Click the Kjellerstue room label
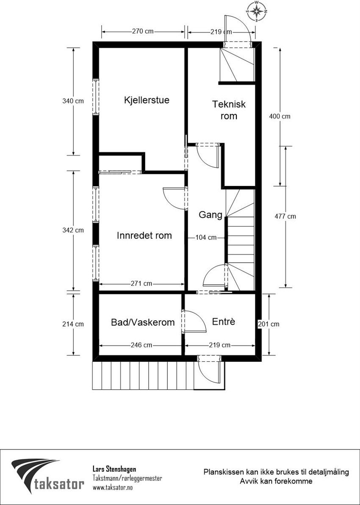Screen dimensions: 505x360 (147, 100)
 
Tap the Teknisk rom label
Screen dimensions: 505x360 (229, 110)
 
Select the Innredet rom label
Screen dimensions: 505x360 (144, 236)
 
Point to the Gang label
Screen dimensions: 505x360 (210, 215)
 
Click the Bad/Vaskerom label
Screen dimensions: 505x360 (143, 322)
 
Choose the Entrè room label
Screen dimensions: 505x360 (223, 322)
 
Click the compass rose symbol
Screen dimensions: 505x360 (257, 11)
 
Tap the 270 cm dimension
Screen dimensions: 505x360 (143, 31)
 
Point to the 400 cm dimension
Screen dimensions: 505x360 (280, 117)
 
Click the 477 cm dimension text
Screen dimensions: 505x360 (285, 216)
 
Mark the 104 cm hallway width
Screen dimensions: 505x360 (206, 238)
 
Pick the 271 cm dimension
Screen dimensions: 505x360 (141, 283)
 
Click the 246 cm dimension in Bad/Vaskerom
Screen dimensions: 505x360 (141, 345)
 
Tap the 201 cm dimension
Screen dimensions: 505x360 (269, 324)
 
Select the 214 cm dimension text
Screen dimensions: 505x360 (73, 324)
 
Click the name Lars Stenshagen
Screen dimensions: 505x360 (114, 469)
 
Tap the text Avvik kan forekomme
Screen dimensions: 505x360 (276, 481)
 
